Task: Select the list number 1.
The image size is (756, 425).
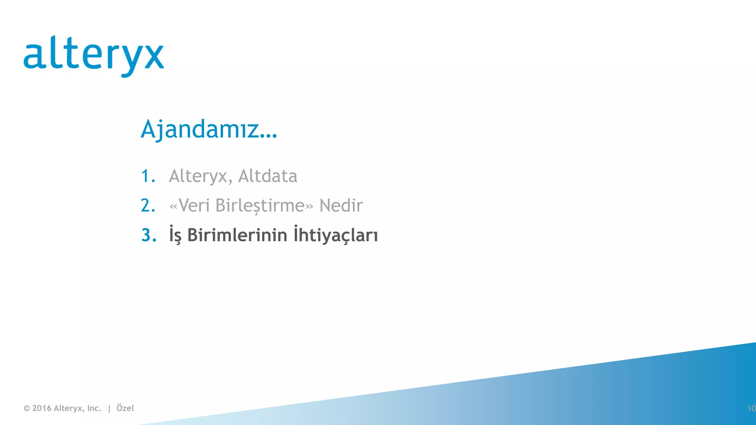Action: (147, 176)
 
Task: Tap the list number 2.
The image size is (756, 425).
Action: (148, 205)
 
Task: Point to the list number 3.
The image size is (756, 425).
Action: (148, 235)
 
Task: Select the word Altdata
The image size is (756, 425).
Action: (268, 176)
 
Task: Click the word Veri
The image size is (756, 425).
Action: (194, 205)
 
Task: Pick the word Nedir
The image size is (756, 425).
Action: (341, 205)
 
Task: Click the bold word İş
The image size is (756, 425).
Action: (175, 235)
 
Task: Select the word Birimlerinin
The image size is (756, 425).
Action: (237, 235)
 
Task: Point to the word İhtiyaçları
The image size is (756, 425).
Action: (336, 235)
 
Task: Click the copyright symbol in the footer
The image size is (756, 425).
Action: (27, 408)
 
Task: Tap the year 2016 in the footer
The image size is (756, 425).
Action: (42, 408)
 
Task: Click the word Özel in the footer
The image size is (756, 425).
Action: (125, 408)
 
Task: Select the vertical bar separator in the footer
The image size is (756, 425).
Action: (109, 408)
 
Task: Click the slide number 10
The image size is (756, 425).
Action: (751, 408)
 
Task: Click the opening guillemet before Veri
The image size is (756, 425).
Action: (173, 206)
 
